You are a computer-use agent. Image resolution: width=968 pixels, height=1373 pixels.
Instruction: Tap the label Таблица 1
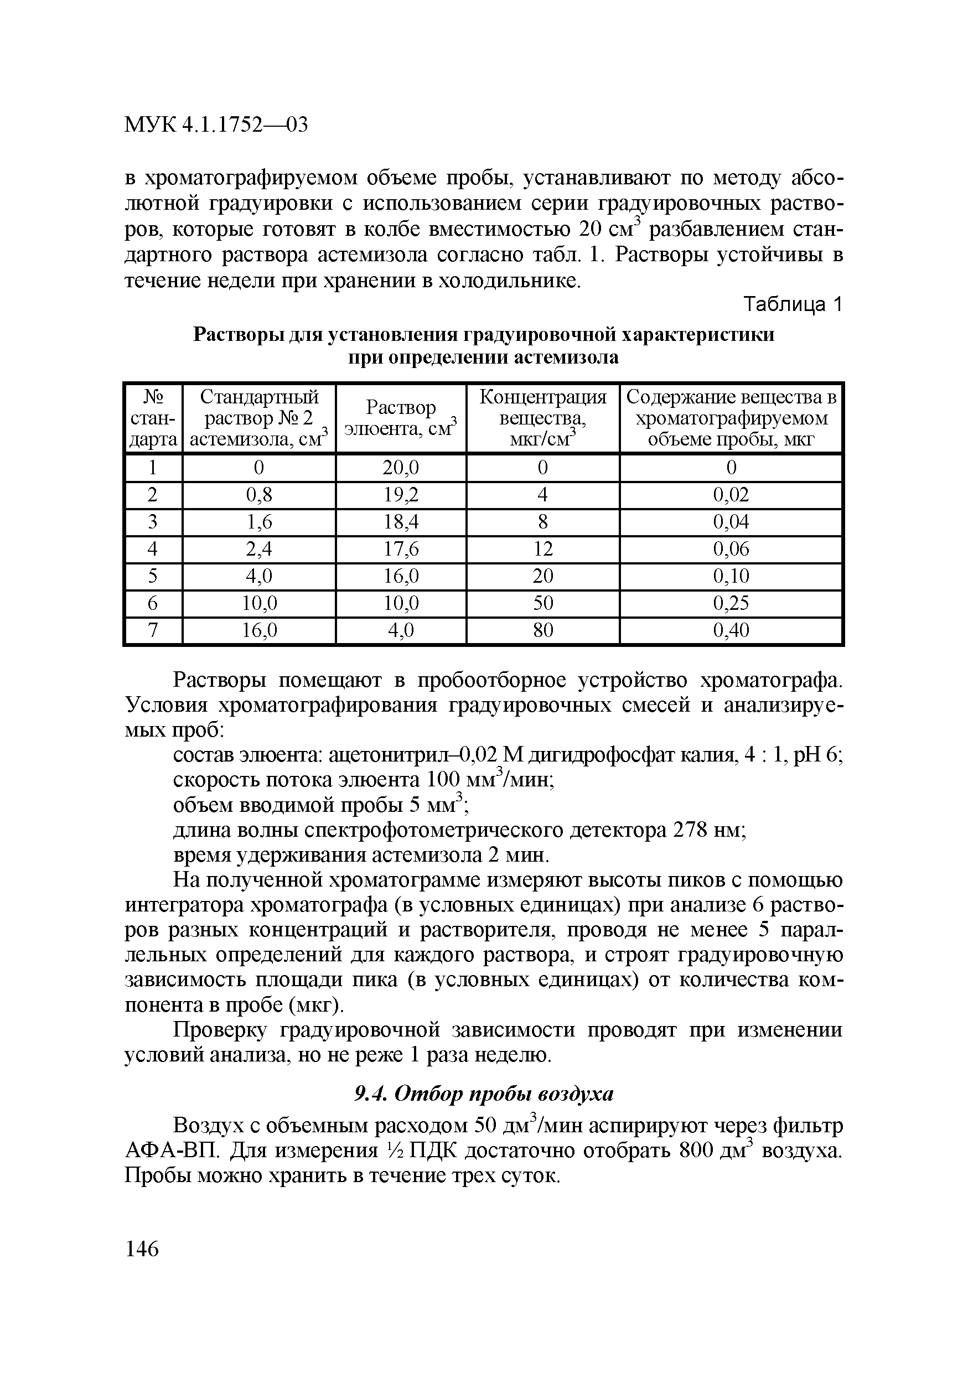pyautogui.click(x=792, y=305)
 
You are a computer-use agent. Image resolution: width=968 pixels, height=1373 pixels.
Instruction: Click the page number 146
pyautogui.click(x=142, y=1248)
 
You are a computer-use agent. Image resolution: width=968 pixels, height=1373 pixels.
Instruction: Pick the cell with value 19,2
pyautogui.click(x=401, y=495)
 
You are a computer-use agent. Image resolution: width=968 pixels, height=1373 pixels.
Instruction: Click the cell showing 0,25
pyautogui.click(x=731, y=603)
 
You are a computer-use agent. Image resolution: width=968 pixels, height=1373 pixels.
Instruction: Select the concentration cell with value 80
pyautogui.click(x=542, y=630)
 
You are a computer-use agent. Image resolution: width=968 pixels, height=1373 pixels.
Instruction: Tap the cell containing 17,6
pyautogui.click(x=401, y=548)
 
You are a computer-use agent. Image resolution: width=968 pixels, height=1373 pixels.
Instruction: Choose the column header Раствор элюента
pyautogui.click(x=401, y=418)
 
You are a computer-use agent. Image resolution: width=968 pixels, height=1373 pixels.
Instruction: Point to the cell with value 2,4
pyautogui.click(x=259, y=548)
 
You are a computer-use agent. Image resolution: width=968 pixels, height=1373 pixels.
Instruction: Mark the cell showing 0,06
pyautogui.click(x=731, y=548)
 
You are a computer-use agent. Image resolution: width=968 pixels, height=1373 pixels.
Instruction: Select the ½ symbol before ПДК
pyautogui.click(x=387, y=1151)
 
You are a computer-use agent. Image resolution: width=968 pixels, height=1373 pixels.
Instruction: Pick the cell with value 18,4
pyautogui.click(x=401, y=522)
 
